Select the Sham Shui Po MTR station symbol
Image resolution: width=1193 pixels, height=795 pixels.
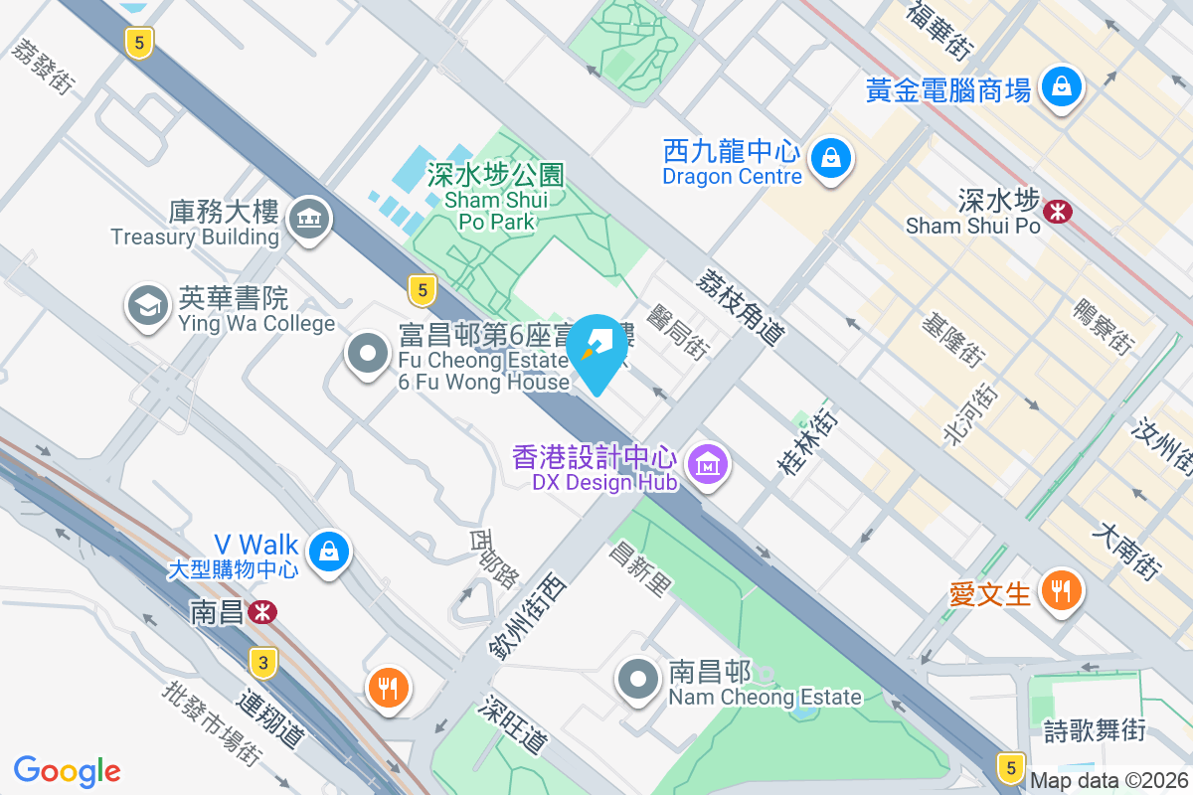pos(1056,210)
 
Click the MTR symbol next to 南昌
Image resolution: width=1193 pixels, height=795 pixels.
pos(263,612)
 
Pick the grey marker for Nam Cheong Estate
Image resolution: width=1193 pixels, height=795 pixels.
pos(638,681)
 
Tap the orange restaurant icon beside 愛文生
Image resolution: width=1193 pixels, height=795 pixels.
pos(1061,591)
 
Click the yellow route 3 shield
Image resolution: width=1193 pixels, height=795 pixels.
pos(262,662)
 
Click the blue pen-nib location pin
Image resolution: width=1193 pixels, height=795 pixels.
pos(596,348)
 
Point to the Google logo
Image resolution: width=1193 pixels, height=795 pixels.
pos(68,771)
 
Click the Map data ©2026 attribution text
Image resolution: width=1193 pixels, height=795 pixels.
pos(1108,781)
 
